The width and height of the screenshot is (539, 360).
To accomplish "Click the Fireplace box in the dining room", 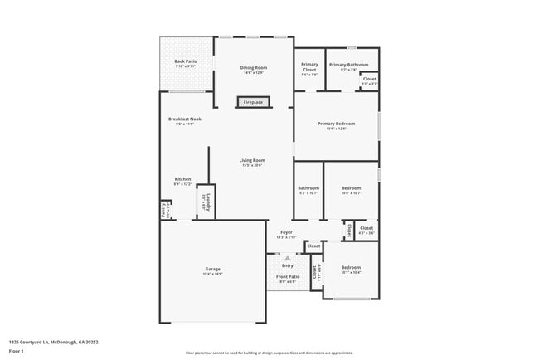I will click(x=253, y=102).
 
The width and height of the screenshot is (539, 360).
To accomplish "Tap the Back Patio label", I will click(x=185, y=61).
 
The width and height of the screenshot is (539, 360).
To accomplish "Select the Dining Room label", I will click(x=254, y=67).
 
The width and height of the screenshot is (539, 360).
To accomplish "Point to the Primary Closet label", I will click(x=309, y=67).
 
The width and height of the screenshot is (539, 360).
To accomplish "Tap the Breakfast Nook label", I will click(x=184, y=119).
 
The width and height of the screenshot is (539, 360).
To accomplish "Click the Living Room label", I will click(x=252, y=161).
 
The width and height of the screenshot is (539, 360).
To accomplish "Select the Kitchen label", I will click(x=182, y=179).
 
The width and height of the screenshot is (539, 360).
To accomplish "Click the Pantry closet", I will click(x=164, y=211).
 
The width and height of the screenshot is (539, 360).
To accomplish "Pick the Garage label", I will click(x=212, y=270).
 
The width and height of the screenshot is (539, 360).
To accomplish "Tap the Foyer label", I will click(x=287, y=234).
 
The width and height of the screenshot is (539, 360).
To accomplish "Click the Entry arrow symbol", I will click(x=287, y=258).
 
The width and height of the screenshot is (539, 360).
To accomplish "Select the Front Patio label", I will click(x=287, y=278).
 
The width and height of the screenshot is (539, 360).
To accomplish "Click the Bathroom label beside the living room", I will click(x=308, y=188).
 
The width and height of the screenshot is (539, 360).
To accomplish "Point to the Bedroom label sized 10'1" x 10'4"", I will click(x=351, y=268).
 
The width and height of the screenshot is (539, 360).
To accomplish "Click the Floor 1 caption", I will click(x=17, y=351).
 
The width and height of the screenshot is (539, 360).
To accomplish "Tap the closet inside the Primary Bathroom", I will click(x=369, y=80).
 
